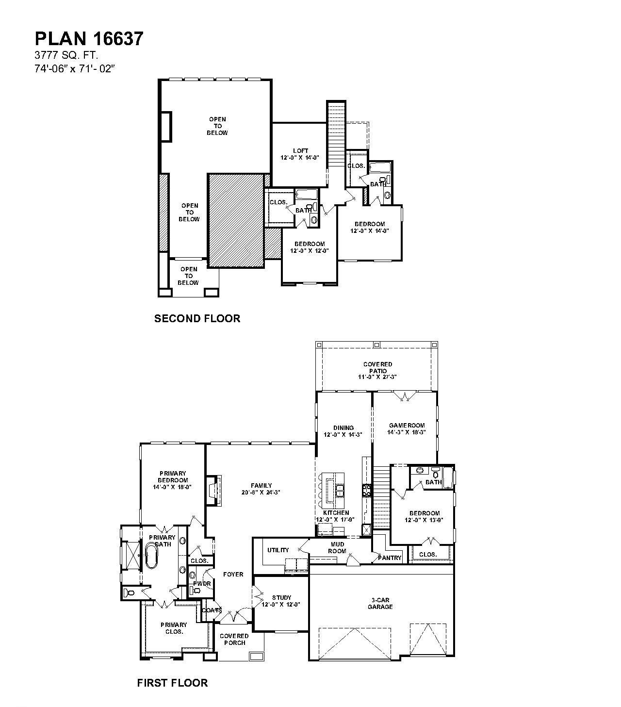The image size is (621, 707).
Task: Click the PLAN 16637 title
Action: click(x=89, y=39)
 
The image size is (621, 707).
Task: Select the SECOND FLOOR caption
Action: click(x=197, y=319)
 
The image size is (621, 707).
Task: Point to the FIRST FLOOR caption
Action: click(x=172, y=683)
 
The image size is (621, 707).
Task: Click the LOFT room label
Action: click(x=300, y=154)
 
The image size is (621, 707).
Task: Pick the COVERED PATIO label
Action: click(x=377, y=370)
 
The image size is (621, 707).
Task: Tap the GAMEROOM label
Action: click(x=407, y=428)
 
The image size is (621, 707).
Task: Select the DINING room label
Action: click(x=343, y=431)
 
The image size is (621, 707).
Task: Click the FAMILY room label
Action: click(x=261, y=489)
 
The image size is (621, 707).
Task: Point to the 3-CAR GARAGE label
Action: click(x=380, y=603)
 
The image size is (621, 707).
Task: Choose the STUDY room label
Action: click(x=281, y=601)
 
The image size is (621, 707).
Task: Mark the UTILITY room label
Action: click(x=278, y=550)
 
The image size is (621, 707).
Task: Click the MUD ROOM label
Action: click(x=337, y=548)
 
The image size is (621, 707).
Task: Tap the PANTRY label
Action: click(x=390, y=558)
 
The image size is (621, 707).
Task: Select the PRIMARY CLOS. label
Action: click(x=174, y=628)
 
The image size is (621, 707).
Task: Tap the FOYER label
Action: click(x=233, y=575)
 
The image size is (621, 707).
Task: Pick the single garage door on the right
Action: click(x=428, y=641)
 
